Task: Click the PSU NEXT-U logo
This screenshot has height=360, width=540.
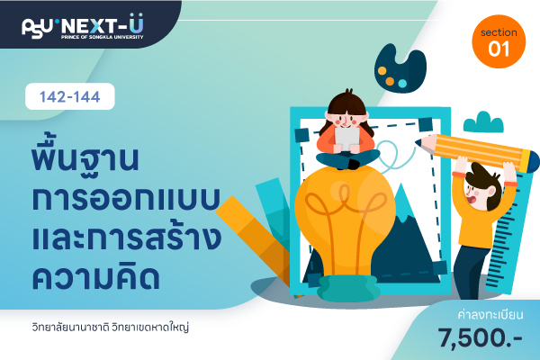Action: coord(83,26)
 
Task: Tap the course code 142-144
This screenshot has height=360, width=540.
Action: coord(70,96)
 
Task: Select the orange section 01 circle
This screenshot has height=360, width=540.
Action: coord(499,41)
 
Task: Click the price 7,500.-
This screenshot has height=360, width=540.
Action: coord(480,337)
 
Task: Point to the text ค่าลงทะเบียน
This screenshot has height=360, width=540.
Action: coord(490,314)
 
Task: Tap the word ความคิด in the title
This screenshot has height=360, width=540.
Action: coord(95,276)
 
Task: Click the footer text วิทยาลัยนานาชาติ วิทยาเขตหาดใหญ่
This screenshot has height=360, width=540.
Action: coord(111,328)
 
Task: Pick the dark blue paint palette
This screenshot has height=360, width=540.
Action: coord(400,69)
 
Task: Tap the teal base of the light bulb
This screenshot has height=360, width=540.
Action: coord(348,288)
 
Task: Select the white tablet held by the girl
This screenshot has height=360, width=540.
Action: coord(347,139)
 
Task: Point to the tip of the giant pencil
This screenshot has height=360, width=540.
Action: coord(418,141)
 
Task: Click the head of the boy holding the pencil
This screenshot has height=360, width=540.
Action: coord(481,188)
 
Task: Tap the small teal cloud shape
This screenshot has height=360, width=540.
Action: coord(483,122)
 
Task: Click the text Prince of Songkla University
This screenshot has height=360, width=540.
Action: coord(103,37)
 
